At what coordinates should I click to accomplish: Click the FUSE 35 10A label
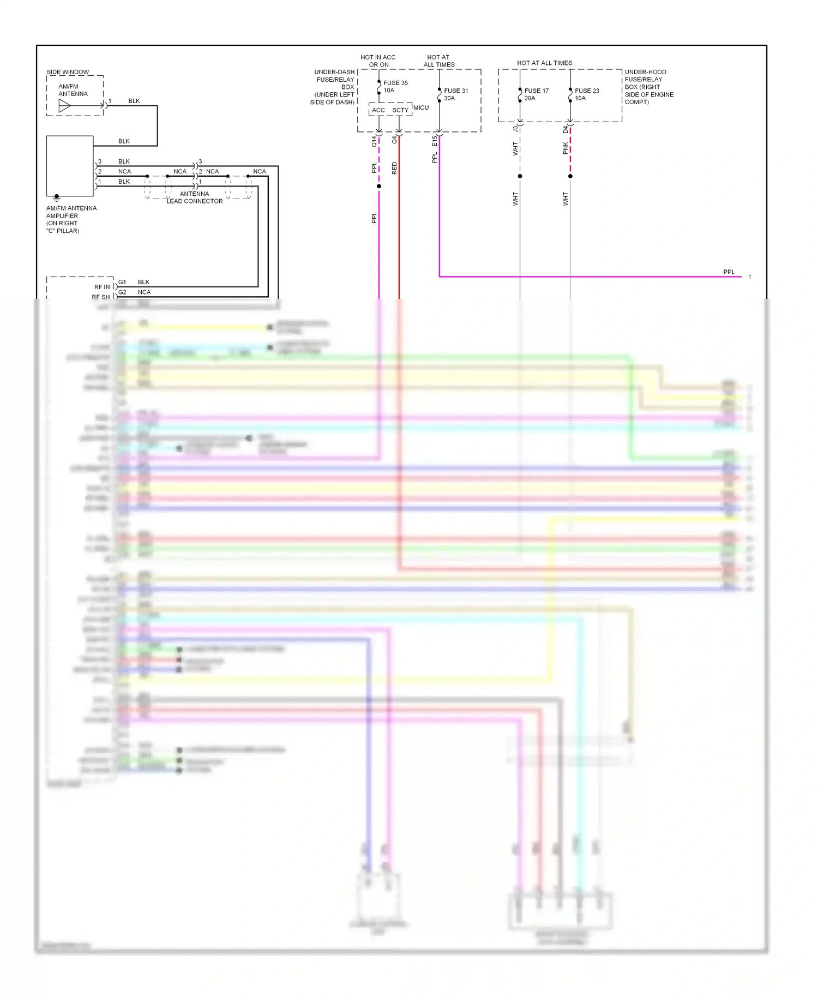click(x=395, y=87)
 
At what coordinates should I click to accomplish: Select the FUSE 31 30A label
click(x=455, y=94)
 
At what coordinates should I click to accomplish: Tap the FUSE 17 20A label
click(x=536, y=94)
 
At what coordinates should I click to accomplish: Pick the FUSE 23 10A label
click(x=587, y=94)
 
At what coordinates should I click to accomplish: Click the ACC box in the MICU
click(x=378, y=110)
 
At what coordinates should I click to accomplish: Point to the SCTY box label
click(x=400, y=110)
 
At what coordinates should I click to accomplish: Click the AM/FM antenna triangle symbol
click(x=64, y=106)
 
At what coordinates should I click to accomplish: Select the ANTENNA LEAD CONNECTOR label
click(x=195, y=197)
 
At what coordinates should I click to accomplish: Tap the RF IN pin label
click(x=102, y=287)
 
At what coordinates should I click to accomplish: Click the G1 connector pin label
click(x=122, y=282)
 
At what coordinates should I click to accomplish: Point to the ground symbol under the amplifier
click(x=56, y=199)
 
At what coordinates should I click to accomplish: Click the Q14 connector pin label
click(x=374, y=141)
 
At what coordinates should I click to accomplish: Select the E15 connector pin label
click(x=435, y=141)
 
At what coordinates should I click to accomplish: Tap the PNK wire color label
click(x=566, y=148)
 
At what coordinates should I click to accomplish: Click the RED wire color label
click(x=394, y=168)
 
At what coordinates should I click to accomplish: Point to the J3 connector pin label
click(x=515, y=129)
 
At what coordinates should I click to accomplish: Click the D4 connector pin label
click(x=566, y=129)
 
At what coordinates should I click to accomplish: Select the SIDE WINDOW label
click(x=68, y=72)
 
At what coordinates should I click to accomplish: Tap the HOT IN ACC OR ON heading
click(x=378, y=61)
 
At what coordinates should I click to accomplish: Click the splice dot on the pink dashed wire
click(x=570, y=176)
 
